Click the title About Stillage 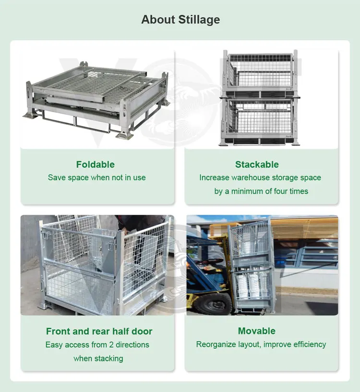180,20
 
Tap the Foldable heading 96,164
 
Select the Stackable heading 257,164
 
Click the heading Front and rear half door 99,331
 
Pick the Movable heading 257,331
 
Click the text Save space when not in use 96,177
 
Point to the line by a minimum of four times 261,191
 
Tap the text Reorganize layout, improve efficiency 261,344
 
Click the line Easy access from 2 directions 97,345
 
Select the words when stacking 98,358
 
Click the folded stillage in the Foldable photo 96,100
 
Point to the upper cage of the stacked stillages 260,71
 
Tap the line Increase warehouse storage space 260,177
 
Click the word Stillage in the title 199,20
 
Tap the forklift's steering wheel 209,261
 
